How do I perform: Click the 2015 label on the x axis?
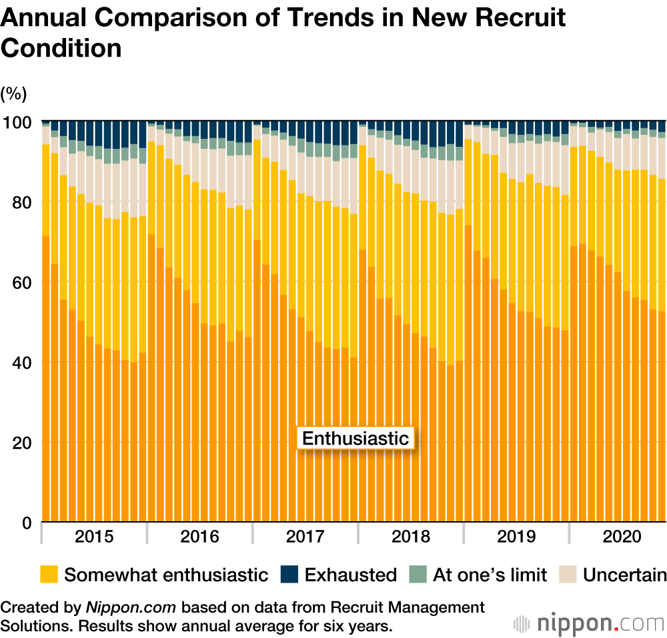pyautogui.click(x=94, y=537)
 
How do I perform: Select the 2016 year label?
pyautogui.click(x=199, y=537)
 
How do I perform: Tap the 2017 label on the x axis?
pyautogui.click(x=305, y=537)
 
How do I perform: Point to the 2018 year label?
pyautogui.click(x=410, y=537)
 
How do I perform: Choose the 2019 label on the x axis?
pyautogui.click(x=516, y=537)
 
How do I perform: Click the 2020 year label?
pyautogui.click(x=621, y=537)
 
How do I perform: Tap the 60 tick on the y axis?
pyautogui.click(x=22, y=282)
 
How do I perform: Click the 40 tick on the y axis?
pyautogui.click(x=22, y=362)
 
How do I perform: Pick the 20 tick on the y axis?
pyautogui.click(x=22, y=442)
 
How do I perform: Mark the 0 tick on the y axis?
pyautogui.click(x=27, y=523)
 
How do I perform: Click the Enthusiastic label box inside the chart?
pyautogui.click(x=355, y=438)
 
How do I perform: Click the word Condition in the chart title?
pyautogui.click(x=61, y=48)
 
